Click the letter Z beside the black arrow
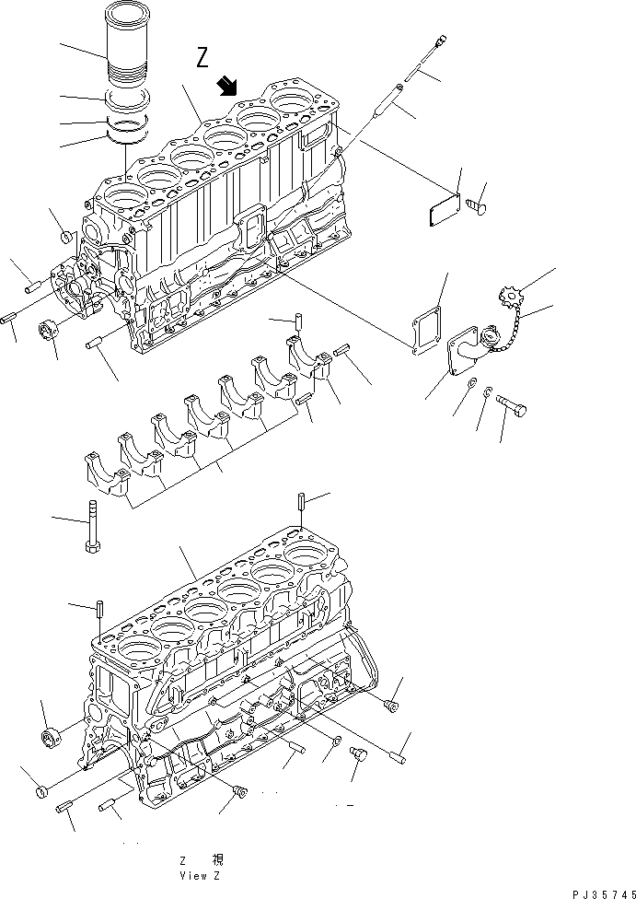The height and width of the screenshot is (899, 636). [203, 59]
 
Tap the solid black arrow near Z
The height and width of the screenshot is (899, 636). [225, 87]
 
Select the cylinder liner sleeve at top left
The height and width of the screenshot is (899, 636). [128, 56]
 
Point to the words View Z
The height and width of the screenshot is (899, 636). [200, 875]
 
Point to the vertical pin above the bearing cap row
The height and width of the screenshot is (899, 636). [298, 325]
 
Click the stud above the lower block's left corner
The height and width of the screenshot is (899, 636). [97, 609]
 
